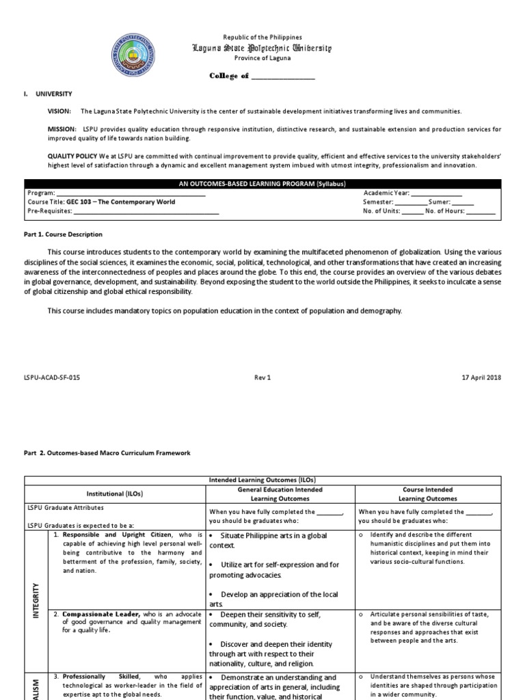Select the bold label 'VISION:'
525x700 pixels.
(x=59, y=111)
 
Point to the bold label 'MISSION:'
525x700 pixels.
(x=61, y=129)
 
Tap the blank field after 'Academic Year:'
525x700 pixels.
(x=437, y=193)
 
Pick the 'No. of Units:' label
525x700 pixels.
(x=382, y=211)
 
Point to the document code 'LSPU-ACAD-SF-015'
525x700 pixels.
(x=52, y=377)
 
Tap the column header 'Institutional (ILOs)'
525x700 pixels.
(x=115, y=493)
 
